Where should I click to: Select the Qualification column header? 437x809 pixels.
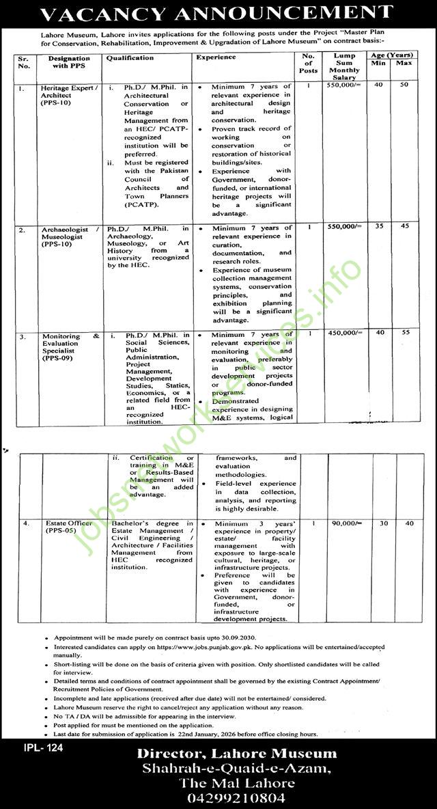[130, 58]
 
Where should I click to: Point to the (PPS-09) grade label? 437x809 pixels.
[60, 357]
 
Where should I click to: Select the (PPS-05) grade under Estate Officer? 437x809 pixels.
[60, 531]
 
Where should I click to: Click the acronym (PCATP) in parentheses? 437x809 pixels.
[141, 204]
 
